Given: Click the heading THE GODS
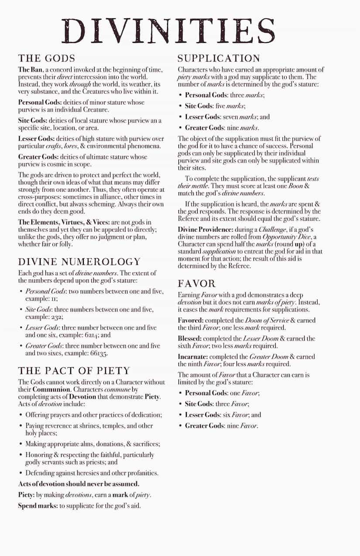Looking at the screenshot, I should click(x=47, y=58).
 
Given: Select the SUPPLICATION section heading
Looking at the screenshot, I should click(x=219, y=58).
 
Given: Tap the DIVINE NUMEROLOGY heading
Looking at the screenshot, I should click(x=79, y=262).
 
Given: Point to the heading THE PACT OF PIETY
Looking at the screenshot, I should click(x=74, y=371).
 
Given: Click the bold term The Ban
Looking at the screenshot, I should click(x=30, y=70).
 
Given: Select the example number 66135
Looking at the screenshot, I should click(x=100, y=353).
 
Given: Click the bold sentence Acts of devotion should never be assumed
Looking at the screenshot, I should click(x=79, y=484).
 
